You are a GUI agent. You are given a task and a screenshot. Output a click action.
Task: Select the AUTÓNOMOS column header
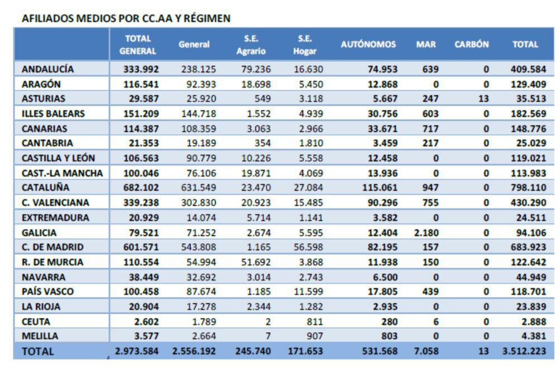368,44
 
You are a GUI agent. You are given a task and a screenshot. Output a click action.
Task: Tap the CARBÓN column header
472,44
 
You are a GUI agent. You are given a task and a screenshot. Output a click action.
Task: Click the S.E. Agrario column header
251,45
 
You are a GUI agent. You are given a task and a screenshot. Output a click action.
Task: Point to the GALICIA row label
39,233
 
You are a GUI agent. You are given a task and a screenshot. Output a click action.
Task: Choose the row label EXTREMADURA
55,218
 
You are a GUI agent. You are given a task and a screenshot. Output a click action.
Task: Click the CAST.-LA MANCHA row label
62,173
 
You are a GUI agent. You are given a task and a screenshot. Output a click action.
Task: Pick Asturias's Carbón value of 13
483,98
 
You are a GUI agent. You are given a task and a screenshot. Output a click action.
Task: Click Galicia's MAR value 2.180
426,233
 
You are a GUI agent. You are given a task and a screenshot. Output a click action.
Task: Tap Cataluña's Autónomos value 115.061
379,187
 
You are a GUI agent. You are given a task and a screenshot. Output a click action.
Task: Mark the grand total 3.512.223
524,351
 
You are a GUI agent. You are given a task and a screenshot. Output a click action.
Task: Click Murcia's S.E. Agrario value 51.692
256,262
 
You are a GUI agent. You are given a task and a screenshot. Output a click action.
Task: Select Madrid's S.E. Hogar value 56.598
308,247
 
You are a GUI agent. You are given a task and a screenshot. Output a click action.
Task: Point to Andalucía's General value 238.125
198,69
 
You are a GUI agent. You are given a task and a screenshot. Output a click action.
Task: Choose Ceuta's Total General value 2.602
146,322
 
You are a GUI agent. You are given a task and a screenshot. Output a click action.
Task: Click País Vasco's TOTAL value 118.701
528,291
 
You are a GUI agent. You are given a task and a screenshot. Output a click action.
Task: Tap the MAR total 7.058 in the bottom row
426,351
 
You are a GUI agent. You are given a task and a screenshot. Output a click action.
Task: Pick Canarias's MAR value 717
430,129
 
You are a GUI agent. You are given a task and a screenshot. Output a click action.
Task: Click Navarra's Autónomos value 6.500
385,277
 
